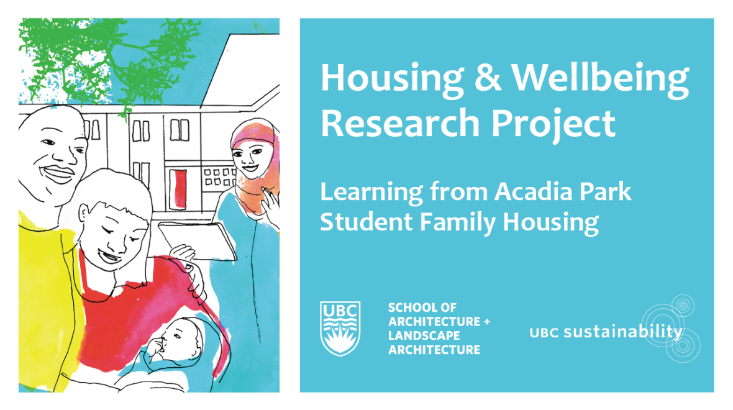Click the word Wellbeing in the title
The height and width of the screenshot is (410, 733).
pyautogui.click(x=600, y=78)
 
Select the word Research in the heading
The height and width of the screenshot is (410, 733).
pyautogui.click(x=400, y=123)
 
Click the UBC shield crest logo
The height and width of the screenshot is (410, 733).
pyautogui.click(x=340, y=328)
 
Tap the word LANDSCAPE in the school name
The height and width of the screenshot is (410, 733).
pyautogui.click(x=424, y=335)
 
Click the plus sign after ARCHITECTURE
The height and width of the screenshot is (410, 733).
pyautogui.click(x=486, y=322)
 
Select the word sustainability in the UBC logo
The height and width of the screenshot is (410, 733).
pyautogui.click(x=622, y=332)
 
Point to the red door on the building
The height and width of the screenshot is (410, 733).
pyautogui.click(x=178, y=189)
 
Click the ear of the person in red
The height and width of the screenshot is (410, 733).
pyautogui.click(x=84, y=212)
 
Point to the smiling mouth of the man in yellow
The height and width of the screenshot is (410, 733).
pyautogui.click(x=58, y=174)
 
